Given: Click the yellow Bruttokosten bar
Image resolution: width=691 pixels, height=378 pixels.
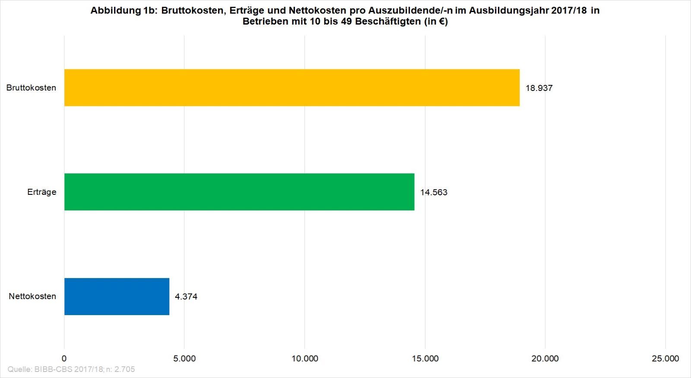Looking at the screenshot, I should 292,87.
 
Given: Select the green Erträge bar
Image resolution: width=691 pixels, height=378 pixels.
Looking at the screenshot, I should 239,192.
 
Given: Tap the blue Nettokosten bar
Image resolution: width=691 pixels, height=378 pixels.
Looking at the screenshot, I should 117,296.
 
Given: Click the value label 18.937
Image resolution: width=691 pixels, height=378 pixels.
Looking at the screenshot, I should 539,88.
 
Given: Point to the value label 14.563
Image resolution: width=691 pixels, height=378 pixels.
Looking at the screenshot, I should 434,193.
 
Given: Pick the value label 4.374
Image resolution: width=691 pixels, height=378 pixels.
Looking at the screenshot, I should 186,297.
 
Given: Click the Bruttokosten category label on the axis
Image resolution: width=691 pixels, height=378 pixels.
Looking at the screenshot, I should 31,88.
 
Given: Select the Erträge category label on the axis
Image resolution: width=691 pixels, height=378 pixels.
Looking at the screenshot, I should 41,192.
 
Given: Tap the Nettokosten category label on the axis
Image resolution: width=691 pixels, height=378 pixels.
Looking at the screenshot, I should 32,297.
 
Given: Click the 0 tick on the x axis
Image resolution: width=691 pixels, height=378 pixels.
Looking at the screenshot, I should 64,359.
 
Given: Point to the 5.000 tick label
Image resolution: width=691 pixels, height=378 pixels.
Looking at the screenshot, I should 184,359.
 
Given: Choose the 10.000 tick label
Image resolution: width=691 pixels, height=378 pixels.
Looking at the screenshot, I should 304,359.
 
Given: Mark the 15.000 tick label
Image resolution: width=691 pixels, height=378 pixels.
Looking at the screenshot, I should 425,359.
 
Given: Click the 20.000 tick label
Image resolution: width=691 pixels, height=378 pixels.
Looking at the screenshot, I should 545,359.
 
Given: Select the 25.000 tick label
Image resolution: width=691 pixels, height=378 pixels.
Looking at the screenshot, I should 665,359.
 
